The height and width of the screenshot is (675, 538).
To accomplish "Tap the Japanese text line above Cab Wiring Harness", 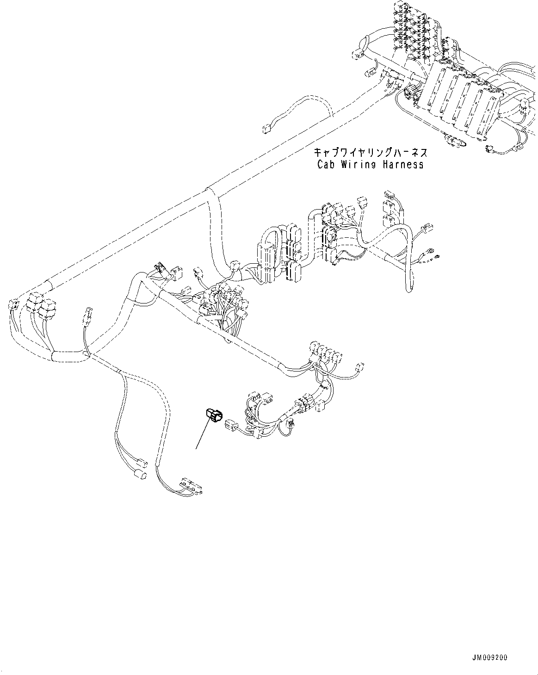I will pos(370,153).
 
